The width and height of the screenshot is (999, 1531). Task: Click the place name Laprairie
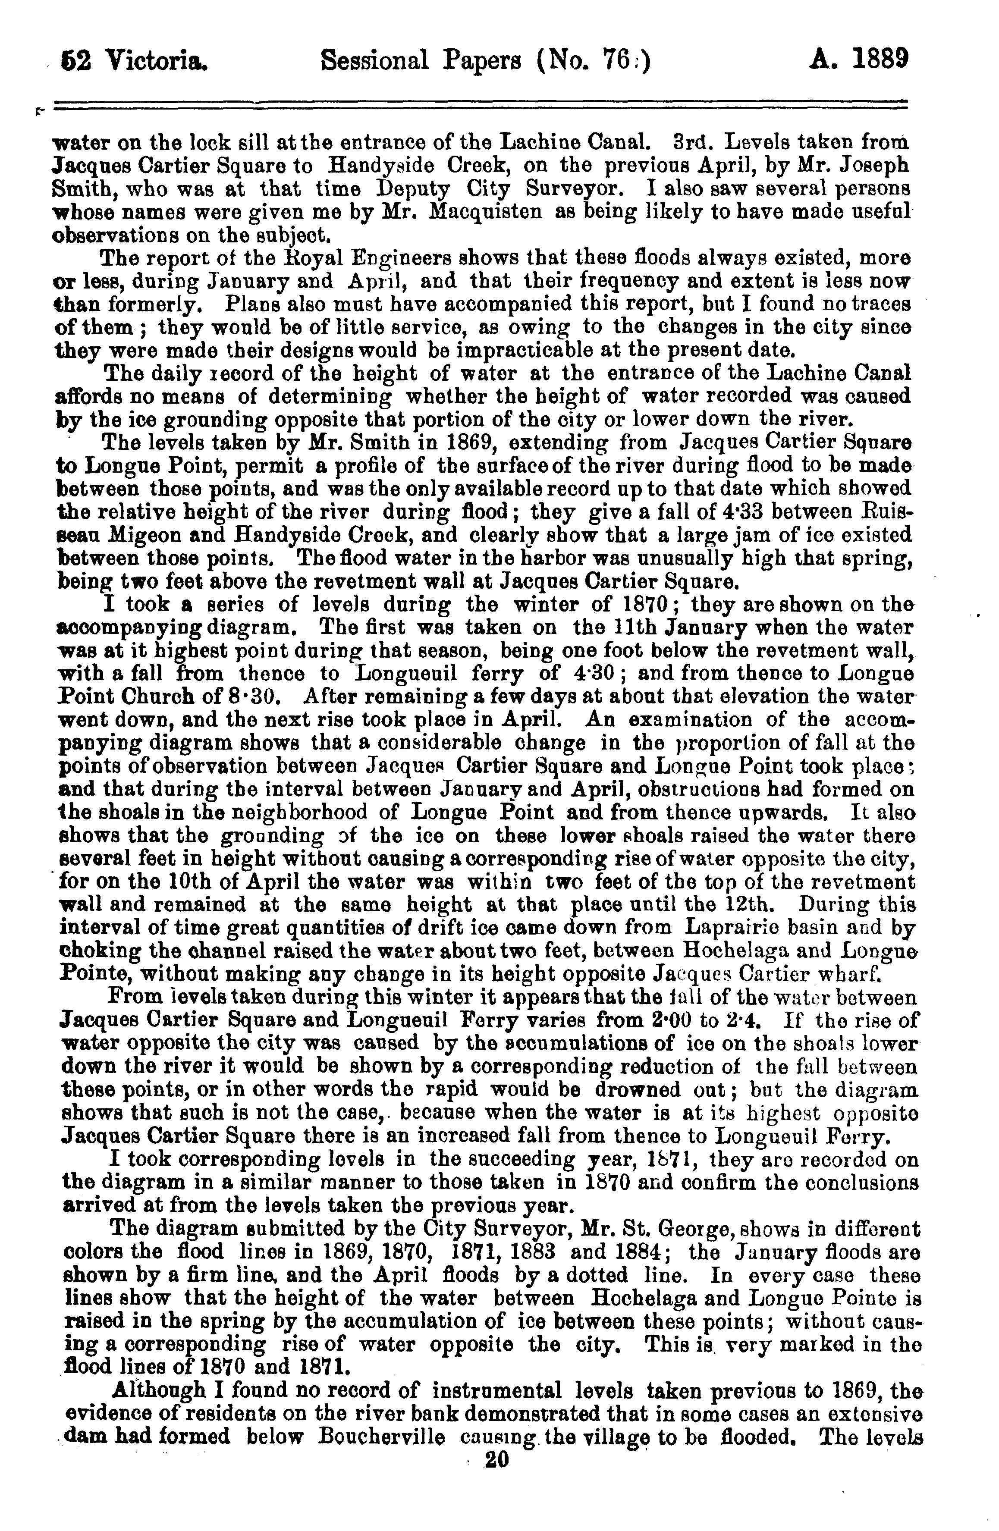pos(734,928)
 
